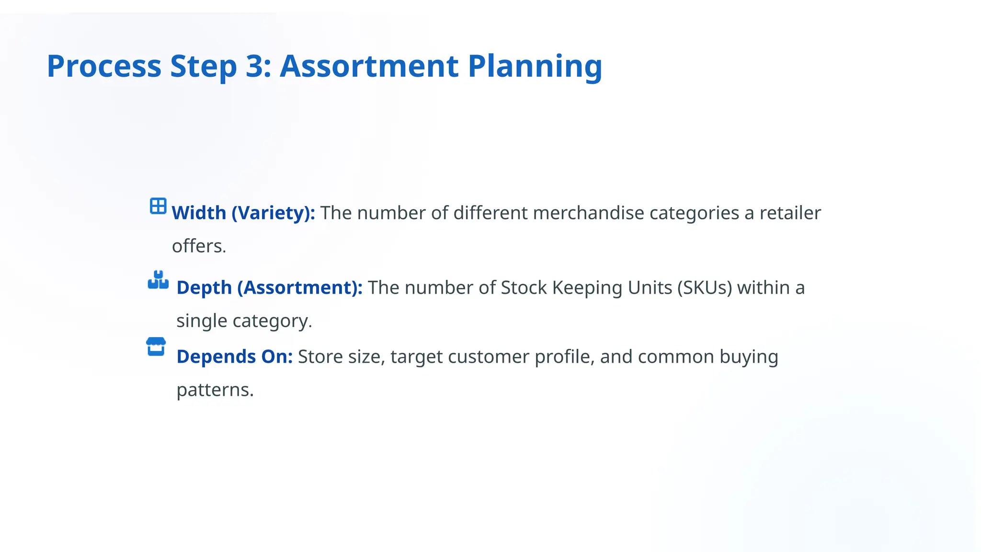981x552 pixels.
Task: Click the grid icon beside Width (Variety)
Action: pyautogui.click(x=158, y=206)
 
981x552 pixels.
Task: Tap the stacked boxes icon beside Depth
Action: pyautogui.click(x=158, y=280)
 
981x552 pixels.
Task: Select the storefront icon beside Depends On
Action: pyautogui.click(x=156, y=347)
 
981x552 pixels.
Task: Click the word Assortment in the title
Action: pyautogui.click(x=369, y=66)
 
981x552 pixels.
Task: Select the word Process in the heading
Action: pyautogui.click(x=104, y=66)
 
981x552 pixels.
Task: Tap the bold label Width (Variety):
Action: pyautogui.click(x=243, y=213)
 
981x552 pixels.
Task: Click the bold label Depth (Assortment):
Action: pyautogui.click(x=269, y=288)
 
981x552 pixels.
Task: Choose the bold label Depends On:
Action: pyautogui.click(x=234, y=357)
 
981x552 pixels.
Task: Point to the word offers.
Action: pyautogui.click(x=199, y=246)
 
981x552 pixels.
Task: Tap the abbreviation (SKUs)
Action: pyautogui.click(x=705, y=288)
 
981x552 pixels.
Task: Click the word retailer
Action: pyautogui.click(x=790, y=213)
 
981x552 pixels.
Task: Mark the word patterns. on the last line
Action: pyautogui.click(x=215, y=390)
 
